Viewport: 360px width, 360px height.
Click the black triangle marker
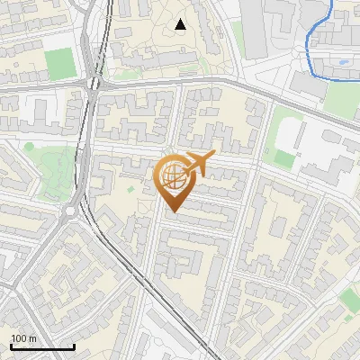pos(181,24)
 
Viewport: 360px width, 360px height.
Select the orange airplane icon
pos(196,165)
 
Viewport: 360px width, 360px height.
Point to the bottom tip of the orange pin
pos(172,211)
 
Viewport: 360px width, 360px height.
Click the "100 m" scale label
pos(24,338)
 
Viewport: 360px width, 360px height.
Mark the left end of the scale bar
pos(11,346)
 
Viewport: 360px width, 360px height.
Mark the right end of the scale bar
pos(74,346)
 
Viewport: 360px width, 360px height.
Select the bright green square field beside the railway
pos(60,63)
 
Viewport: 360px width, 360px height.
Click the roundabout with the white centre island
pos(70,212)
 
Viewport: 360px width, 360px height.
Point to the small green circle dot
pos(29,147)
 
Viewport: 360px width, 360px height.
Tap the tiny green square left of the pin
pos(130,189)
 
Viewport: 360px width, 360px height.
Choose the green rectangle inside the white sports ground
pos(284,158)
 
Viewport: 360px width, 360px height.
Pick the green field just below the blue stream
pos(342,99)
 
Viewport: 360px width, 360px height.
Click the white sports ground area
pos(301,144)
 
